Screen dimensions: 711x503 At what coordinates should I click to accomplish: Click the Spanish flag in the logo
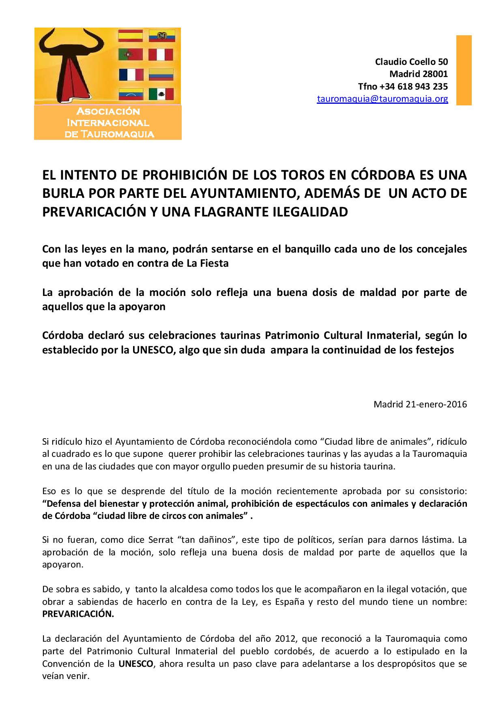point(130,36)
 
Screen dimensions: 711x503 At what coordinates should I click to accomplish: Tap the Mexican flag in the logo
point(161,94)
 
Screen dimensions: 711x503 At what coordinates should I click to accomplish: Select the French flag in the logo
point(131,75)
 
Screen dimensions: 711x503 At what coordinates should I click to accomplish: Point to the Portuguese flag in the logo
point(130,55)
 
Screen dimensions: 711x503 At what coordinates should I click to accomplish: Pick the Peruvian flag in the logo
point(161,55)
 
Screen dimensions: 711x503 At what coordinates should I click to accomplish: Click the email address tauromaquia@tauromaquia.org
point(383,99)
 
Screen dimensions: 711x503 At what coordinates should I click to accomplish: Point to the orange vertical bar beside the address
point(464,70)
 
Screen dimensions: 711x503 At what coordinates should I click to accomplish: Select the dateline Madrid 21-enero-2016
point(420,404)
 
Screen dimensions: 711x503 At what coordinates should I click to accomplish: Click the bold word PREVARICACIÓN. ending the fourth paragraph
point(78,613)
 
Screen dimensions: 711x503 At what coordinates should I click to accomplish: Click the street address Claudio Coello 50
point(411,62)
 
